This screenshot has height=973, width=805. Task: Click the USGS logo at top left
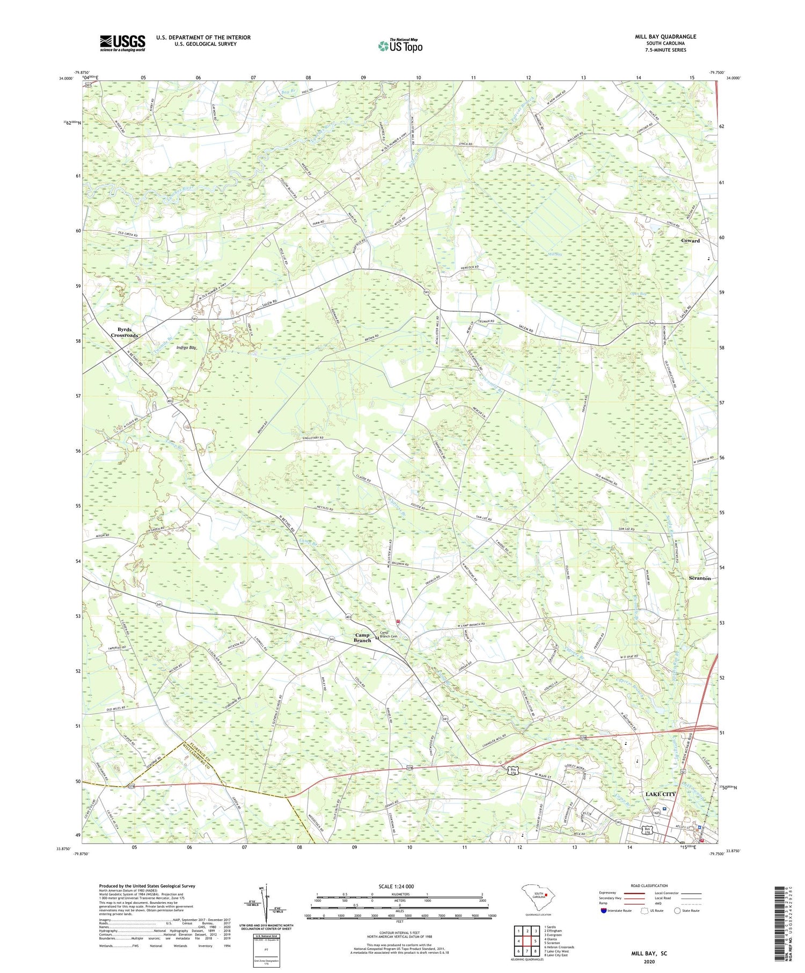tap(122, 43)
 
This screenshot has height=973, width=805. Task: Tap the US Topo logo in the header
tap(400, 46)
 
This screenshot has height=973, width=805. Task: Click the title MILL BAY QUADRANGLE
tap(665, 36)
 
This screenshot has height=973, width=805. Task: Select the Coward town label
tap(690, 241)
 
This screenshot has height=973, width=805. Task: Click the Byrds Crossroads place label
tap(125, 332)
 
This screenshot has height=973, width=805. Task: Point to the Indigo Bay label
tap(187, 348)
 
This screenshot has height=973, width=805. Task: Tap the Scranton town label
tap(699, 578)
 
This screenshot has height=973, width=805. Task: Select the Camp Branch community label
tap(362, 638)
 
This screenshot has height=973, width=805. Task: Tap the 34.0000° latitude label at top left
tap(67, 78)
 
